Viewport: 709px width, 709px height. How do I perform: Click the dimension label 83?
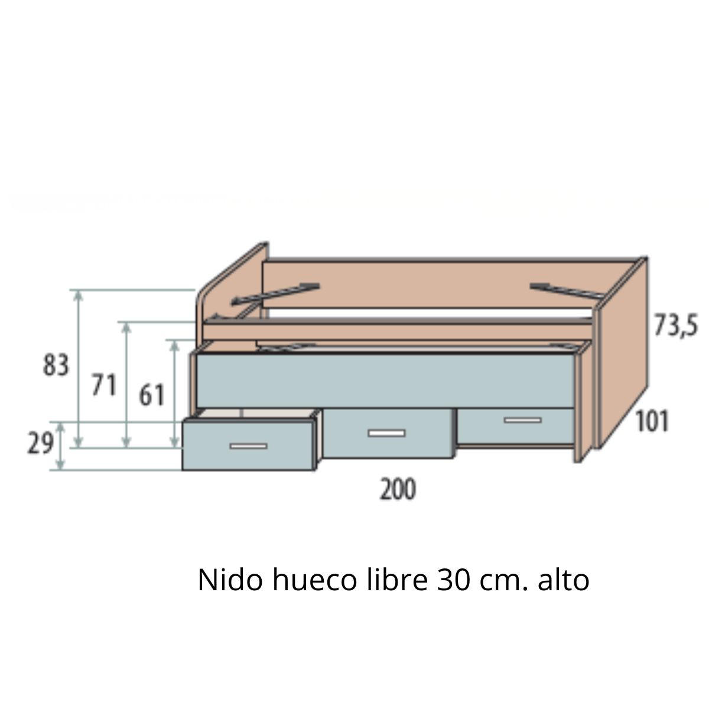56,366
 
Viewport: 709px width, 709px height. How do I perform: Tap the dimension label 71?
103,386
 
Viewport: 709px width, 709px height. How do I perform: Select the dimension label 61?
151,395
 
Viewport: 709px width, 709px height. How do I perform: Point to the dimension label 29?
40,443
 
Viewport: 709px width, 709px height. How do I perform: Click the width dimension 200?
397,490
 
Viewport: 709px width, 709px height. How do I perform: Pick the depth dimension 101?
652,422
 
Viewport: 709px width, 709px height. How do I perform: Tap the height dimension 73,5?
675,324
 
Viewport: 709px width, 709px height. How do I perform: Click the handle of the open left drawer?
248,445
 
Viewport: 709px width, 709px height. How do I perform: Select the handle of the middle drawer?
386,433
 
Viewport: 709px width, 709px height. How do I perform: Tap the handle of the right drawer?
522,420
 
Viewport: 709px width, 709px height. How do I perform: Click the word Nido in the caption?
230,580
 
